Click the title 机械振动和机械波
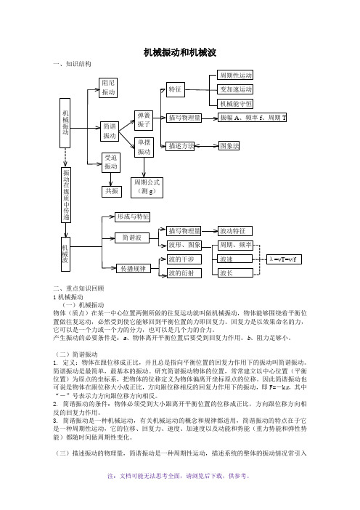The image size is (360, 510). pos(180,53)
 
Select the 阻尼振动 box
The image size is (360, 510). pos(108,87)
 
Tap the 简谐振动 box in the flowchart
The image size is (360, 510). pos(110,131)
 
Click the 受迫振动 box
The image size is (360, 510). pos(111,162)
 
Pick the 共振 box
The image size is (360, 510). pos(112,192)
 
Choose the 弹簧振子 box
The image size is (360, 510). pos(144,121)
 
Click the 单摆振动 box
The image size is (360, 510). pos(144,147)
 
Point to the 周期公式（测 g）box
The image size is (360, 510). pos(147,187)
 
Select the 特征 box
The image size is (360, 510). pos(176,89)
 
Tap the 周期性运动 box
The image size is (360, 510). pos(235,75)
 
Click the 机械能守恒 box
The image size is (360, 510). pos(235,104)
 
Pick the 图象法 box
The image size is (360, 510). pos(229,146)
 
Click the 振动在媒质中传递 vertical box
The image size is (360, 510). pos(66,195)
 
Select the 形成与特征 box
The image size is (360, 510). pos(133,217)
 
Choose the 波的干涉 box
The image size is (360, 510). pos(184,259)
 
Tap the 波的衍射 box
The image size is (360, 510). pos(184,273)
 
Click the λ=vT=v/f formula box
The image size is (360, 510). pos(284,259)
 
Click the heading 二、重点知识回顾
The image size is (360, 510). pos(78,288)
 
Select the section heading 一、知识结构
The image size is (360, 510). pos(72,64)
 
